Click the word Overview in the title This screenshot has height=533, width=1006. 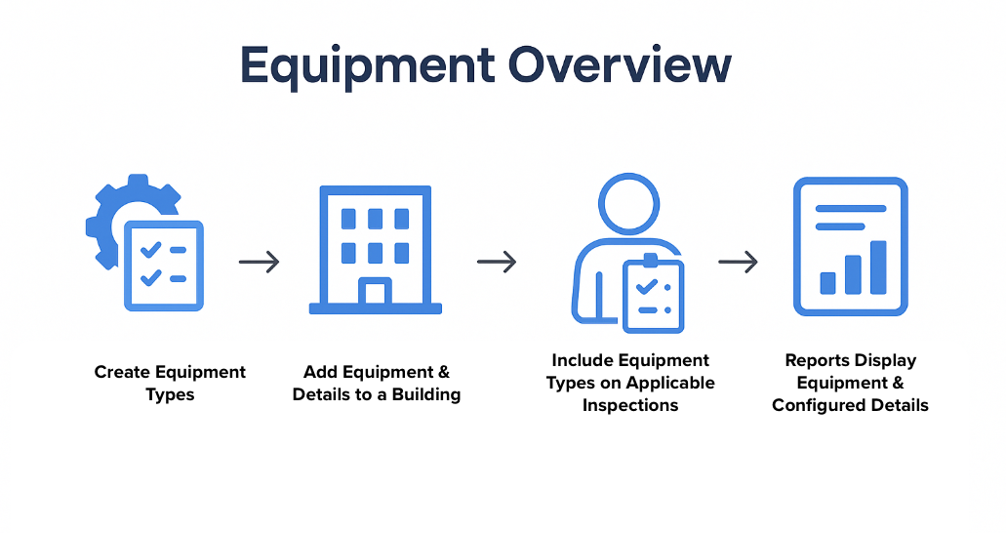(620, 64)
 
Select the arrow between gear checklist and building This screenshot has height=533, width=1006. (260, 262)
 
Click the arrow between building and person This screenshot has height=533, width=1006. (497, 262)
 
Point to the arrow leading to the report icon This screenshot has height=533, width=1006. (738, 262)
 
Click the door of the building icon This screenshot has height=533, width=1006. (376, 291)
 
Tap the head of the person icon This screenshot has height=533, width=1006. (628, 204)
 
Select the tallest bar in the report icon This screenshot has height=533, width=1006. (878, 267)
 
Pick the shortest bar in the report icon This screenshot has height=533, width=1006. (828, 283)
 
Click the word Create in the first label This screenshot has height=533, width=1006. (122, 373)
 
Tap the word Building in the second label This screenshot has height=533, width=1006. (426, 395)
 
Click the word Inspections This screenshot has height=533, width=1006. (630, 406)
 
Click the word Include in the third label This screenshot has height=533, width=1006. (574, 361)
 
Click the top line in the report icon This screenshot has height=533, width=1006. (851, 208)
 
